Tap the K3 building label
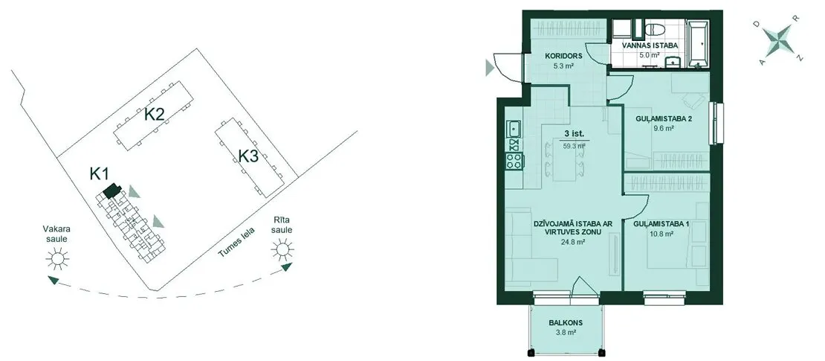(x=247, y=156)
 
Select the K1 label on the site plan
(x=99, y=173)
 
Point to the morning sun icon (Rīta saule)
(x=282, y=249)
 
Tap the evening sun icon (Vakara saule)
(x=57, y=258)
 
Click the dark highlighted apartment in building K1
(x=112, y=191)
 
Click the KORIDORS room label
(x=559, y=55)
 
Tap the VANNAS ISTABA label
(x=650, y=46)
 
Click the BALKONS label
(x=567, y=323)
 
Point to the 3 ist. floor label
(x=569, y=135)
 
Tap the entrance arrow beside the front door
(x=490, y=67)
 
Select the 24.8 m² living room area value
(x=574, y=242)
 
